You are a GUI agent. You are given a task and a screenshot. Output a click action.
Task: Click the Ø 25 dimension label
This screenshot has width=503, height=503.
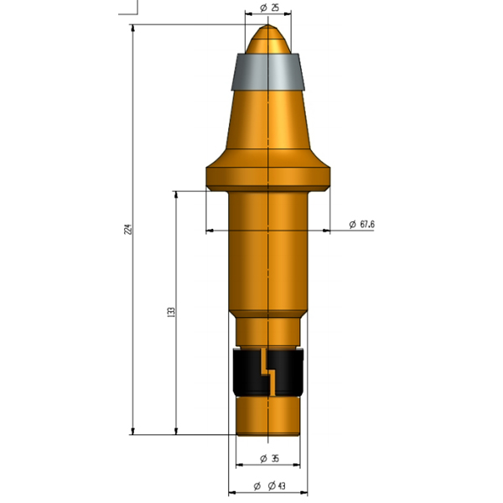pos(269,8)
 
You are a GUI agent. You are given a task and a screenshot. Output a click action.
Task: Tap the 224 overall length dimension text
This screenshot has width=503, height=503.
pos(128,229)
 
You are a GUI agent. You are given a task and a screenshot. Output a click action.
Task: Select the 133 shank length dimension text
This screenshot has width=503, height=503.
pos(171,312)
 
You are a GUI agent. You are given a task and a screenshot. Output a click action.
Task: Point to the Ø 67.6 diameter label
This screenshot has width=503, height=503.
pos(361,224)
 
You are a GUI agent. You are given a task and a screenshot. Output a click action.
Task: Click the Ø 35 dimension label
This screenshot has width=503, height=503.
pos(269,459)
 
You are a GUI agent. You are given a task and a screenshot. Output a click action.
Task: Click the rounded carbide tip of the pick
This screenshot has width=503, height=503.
pos(268,39)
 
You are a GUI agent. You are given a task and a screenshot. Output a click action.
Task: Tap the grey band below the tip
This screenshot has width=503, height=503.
pos(268,71)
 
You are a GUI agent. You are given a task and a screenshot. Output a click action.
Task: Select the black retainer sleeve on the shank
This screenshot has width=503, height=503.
pos(268,372)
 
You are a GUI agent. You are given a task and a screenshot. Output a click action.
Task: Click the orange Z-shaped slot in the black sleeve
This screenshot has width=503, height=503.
pos(268,372)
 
